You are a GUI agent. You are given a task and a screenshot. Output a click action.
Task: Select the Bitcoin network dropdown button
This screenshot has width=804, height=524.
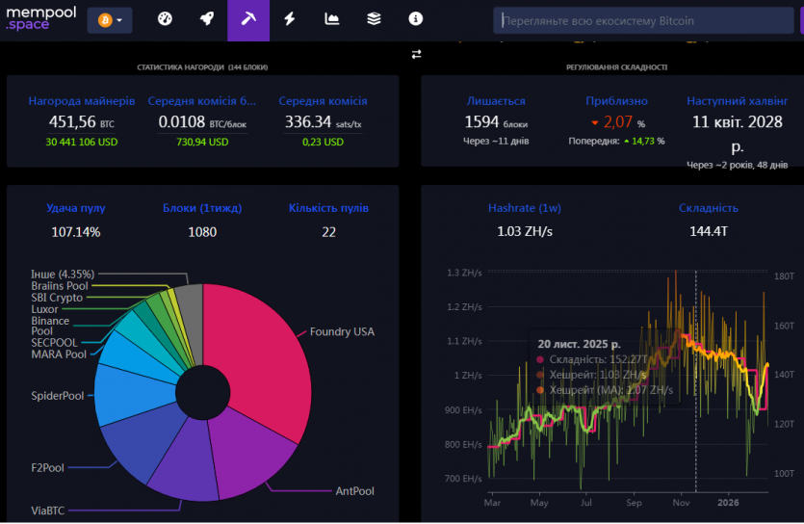click(x=109, y=19)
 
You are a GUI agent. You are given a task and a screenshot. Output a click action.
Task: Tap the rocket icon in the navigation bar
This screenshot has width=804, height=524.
click(x=206, y=19)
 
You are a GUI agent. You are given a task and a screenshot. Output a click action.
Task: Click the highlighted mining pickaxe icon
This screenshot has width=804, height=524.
click(x=247, y=19)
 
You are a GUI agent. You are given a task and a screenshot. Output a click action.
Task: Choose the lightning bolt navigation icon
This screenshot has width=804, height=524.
click(x=290, y=19)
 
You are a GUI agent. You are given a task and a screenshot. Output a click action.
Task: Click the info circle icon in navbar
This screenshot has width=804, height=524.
click(x=415, y=19)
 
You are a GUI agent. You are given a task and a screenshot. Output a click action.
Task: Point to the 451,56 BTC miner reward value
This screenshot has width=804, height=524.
click(x=73, y=121)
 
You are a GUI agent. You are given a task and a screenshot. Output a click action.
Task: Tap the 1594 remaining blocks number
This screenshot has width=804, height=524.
click(x=481, y=121)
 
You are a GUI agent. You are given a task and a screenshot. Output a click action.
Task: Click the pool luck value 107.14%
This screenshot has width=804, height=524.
click(x=76, y=231)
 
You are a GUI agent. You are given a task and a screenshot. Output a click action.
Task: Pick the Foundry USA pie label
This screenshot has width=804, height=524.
click(x=342, y=332)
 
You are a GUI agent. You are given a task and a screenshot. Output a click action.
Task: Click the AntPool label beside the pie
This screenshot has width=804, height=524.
click(x=354, y=491)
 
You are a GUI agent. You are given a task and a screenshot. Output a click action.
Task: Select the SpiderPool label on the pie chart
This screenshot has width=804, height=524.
click(x=58, y=396)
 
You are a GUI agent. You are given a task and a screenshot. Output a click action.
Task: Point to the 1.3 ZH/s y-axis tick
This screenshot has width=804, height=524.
click(x=464, y=274)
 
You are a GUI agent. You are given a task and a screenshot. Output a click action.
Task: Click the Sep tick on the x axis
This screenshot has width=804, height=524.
click(x=634, y=502)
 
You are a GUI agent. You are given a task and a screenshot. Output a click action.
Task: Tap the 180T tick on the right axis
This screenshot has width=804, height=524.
click(x=785, y=276)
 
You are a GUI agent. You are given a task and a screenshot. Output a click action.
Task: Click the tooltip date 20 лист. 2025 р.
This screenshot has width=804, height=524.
click(x=580, y=343)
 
